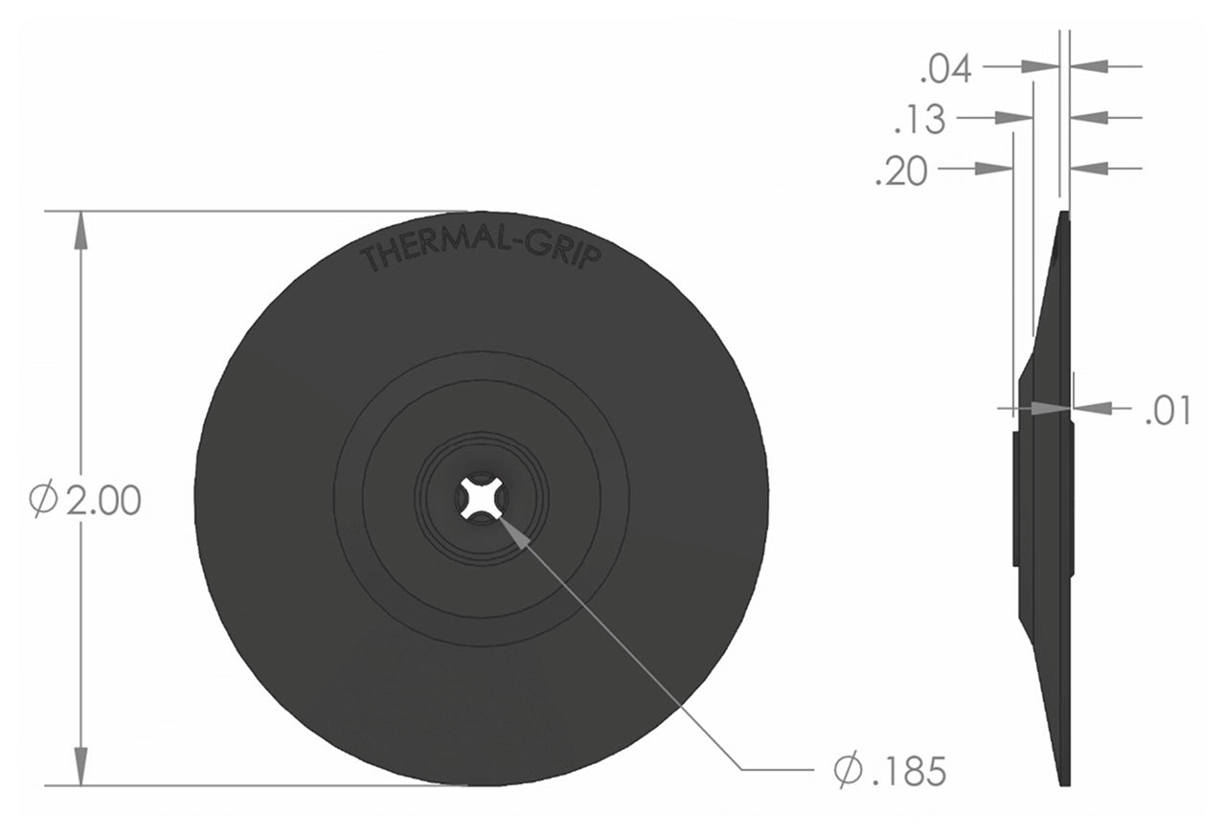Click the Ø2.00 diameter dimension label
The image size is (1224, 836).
tap(86, 501)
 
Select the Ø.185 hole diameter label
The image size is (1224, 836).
tap(890, 770)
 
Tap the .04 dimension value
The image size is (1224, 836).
tap(945, 69)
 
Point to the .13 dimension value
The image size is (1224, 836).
tap(919, 121)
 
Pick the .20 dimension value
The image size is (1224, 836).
tap(901, 172)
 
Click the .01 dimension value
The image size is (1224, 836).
tap(1167, 411)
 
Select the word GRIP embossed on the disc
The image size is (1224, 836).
tap(570, 254)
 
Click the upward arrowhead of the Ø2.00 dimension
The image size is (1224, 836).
tap(81, 230)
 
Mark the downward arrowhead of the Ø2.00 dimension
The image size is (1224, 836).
tap(81, 766)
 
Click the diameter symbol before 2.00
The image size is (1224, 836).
tap(44, 501)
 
